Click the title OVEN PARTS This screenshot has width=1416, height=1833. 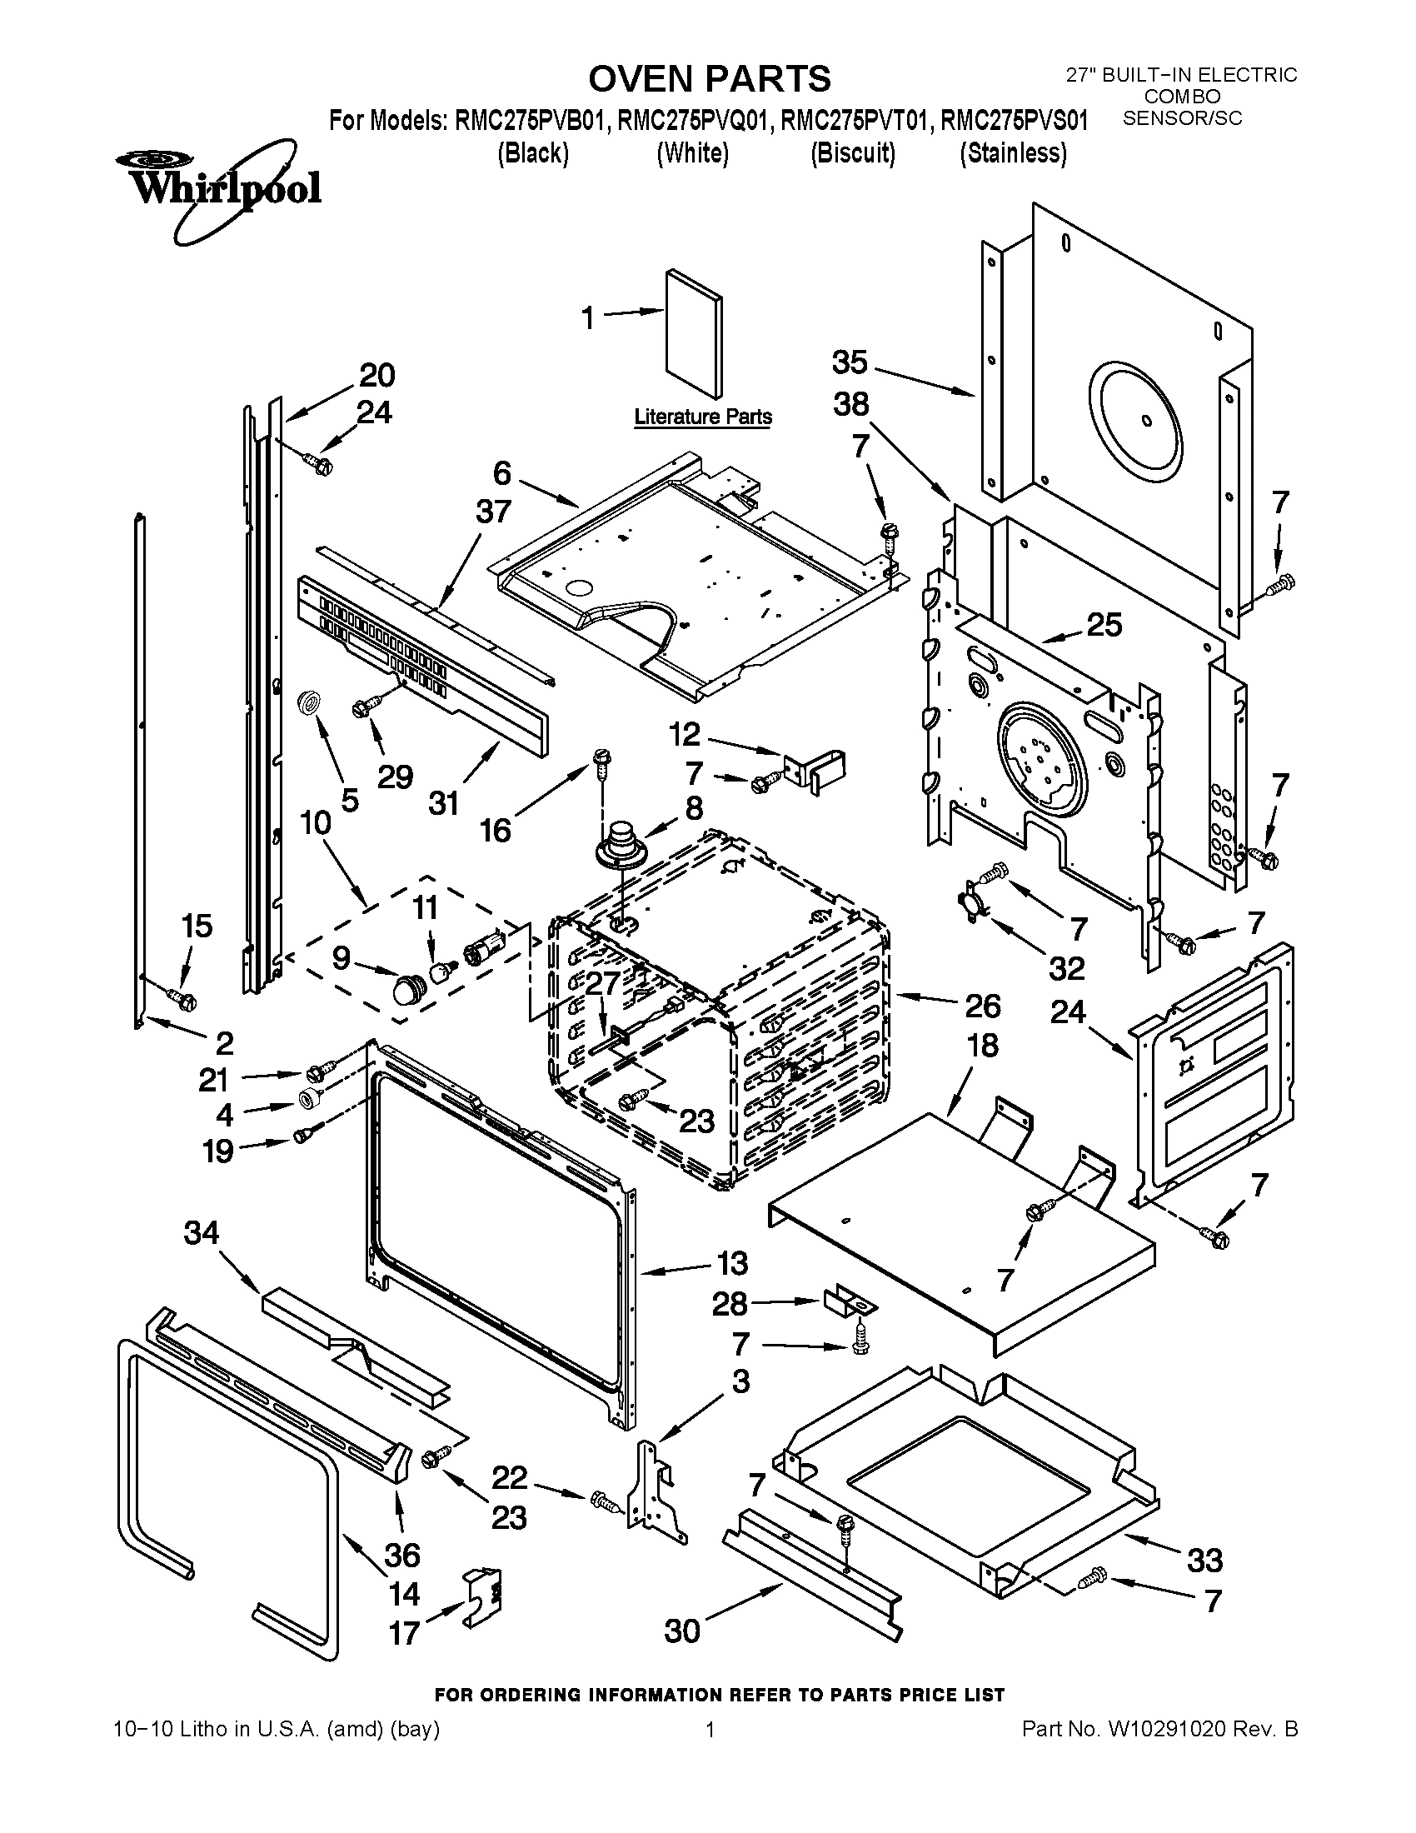(709, 79)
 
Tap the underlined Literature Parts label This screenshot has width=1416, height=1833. (703, 417)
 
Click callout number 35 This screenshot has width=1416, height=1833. (850, 362)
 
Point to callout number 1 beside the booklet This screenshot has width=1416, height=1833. (589, 318)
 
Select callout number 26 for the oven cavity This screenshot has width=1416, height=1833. (983, 1005)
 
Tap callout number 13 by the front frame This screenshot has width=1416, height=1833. (731, 1264)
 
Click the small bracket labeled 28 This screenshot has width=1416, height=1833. (848, 1303)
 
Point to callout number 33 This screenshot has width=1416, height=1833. (1204, 1561)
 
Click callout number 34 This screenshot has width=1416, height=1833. (202, 1233)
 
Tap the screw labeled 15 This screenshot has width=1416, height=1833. (182, 998)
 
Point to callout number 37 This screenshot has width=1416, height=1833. (493, 511)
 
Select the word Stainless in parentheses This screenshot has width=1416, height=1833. (1013, 153)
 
